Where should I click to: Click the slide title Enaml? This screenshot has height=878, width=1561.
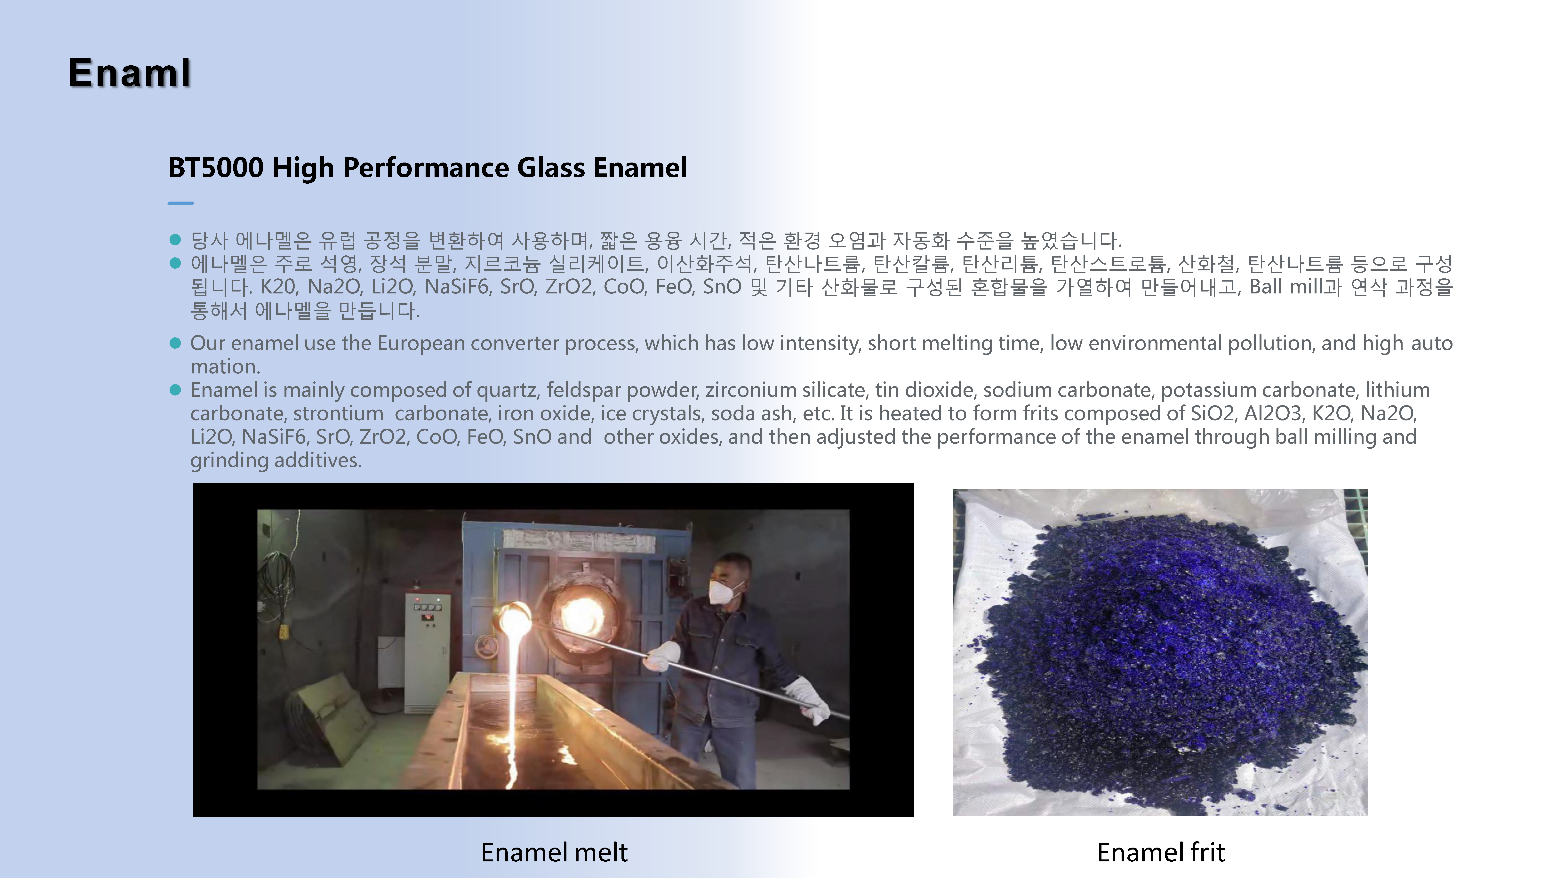tap(130, 73)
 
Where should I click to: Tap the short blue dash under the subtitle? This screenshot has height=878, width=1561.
tap(180, 203)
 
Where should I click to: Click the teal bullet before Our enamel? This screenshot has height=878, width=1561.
tap(175, 343)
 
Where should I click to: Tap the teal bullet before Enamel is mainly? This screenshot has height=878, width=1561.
tap(175, 390)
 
